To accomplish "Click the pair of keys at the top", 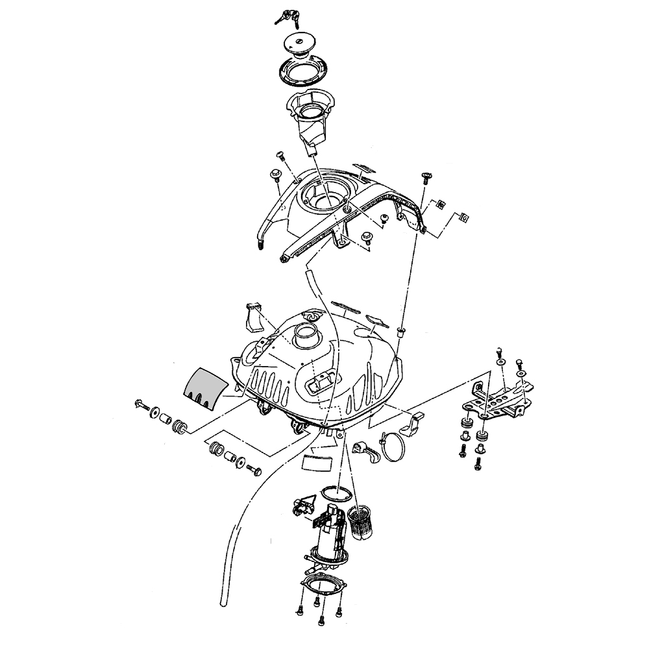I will click(285, 16).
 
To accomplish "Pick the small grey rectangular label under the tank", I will click(317, 461).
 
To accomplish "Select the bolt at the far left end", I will click(141, 406).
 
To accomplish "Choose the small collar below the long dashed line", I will click(400, 331).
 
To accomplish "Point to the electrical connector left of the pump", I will click(304, 506).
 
